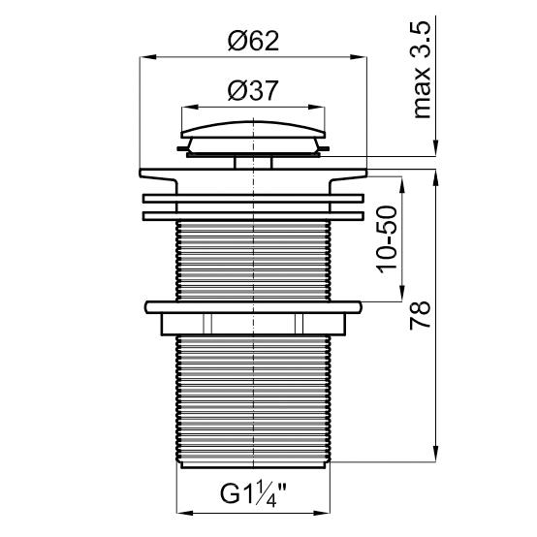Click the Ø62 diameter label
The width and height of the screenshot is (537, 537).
point(253,42)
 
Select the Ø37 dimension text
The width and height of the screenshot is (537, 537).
point(253,91)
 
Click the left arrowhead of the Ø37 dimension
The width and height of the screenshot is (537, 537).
point(186,107)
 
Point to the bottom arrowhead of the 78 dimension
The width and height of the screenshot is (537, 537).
point(436,455)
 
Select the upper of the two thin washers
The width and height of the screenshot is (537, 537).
point(253,197)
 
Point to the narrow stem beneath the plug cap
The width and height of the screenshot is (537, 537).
point(253,162)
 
